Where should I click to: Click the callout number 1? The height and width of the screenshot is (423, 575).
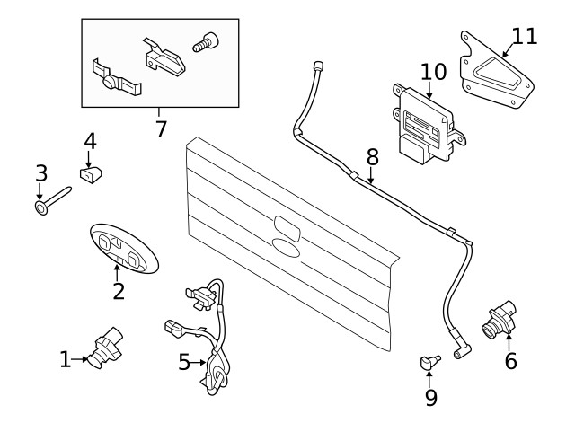coord(65,360)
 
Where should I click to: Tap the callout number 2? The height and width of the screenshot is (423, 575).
coord(119,291)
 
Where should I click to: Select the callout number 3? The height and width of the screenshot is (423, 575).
coord(40,171)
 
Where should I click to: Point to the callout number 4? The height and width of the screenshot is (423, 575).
coord(90,142)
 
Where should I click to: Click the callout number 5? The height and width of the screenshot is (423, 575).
coord(184,363)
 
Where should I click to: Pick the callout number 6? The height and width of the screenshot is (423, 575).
coord(510,361)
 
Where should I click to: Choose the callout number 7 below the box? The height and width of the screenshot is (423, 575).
coord(161,129)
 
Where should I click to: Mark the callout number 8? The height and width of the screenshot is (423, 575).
coord(372,156)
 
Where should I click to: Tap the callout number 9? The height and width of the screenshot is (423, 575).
coord(430,396)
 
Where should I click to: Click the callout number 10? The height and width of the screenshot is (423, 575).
coord(432,70)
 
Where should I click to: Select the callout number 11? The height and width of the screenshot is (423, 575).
coord(524,36)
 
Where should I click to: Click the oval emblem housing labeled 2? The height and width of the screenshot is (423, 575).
coord(124,249)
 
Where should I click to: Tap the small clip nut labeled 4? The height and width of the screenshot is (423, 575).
coord(91,172)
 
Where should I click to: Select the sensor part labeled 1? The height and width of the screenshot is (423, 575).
coord(105,345)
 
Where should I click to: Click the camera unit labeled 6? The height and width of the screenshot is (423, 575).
coord(499,318)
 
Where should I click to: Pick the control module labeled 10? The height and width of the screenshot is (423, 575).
coord(424,127)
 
